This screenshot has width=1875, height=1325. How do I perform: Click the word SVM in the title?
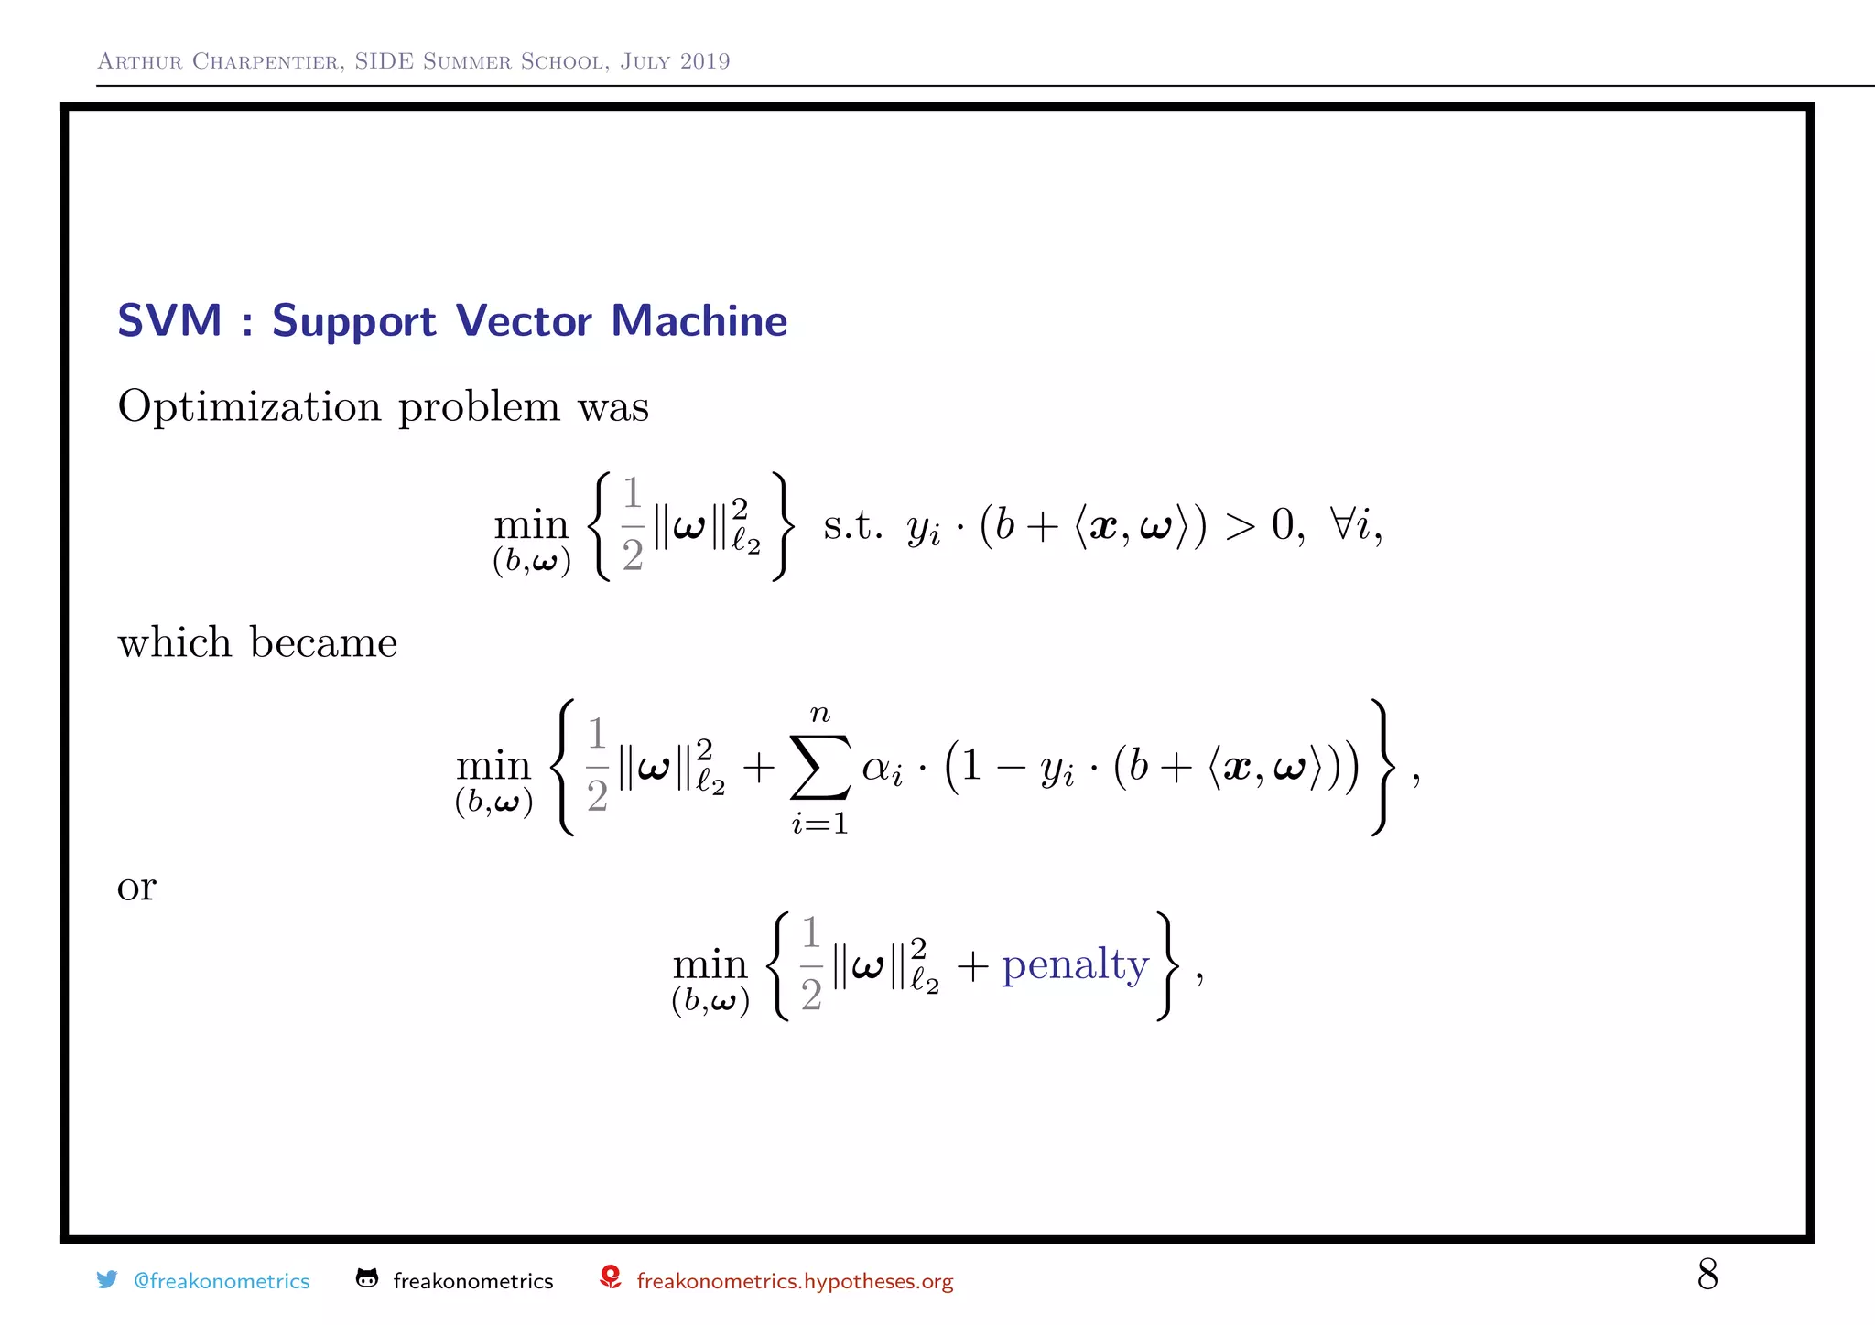(169, 321)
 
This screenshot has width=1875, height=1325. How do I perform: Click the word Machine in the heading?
(699, 321)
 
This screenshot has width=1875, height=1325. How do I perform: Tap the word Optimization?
(249, 406)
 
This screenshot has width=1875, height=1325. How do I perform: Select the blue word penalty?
(1075, 965)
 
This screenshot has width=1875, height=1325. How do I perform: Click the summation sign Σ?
(819, 767)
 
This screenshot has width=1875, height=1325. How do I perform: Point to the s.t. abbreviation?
(851, 526)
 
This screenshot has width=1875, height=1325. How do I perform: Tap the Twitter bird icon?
(107, 1279)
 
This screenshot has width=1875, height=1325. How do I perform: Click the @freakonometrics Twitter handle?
(222, 1281)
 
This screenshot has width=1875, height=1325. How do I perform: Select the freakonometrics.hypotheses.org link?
(795, 1281)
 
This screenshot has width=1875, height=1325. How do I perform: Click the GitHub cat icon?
(367, 1278)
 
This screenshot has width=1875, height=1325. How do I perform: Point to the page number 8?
(1707, 1274)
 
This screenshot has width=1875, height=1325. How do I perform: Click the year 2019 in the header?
(705, 61)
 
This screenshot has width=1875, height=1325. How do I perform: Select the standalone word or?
(136, 887)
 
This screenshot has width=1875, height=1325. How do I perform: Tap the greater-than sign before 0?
(1241, 526)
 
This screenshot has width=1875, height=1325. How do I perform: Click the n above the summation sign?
(819, 713)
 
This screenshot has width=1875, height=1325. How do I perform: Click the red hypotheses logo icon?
(611, 1277)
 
